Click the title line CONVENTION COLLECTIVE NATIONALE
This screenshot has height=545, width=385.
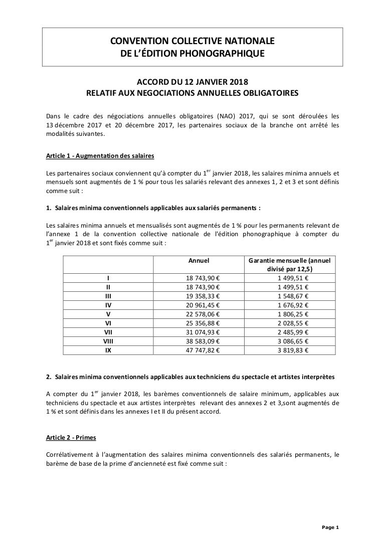tap(192, 41)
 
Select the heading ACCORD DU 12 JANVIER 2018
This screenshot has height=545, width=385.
tap(192, 82)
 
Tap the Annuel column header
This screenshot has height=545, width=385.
tap(199, 260)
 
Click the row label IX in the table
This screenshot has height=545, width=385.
tap(108, 350)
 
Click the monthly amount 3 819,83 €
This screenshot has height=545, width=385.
tap(293, 350)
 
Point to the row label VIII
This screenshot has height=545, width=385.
tap(108, 341)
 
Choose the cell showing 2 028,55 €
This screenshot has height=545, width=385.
tap(293, 323)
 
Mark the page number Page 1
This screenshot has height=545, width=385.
tap(330, 527)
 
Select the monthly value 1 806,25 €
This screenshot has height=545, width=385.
tap(293, 314)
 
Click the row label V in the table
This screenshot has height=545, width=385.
tap(108, 314)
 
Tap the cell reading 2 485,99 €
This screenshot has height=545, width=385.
tap(293, 332)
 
